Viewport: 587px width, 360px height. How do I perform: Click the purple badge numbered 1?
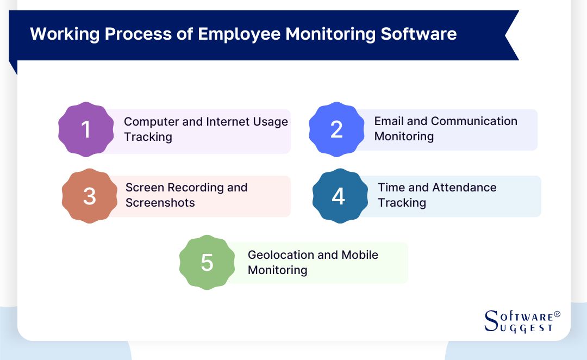(86, 130)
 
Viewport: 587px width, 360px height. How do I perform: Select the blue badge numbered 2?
(336, 129)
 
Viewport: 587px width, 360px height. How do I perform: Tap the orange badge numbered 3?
(90, 196)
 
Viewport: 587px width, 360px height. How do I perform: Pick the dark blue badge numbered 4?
(339, 196)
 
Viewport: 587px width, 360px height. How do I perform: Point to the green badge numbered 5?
(207, 262)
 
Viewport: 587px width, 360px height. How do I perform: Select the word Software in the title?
(419, 34)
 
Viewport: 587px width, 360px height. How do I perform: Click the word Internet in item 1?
(230, 121)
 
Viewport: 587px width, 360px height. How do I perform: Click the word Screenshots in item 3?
(160, 203)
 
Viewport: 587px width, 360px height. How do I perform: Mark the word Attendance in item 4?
(462, 188)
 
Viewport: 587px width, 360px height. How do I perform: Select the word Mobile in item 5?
(360, 255)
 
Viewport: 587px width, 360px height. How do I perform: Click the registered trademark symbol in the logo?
(557, 315)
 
